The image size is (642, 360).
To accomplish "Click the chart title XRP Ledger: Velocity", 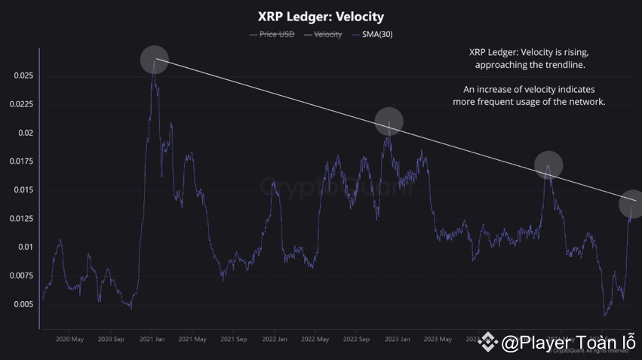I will [321, 17].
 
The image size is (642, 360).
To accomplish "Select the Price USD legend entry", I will [272, 35].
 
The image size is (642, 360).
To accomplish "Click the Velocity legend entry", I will [324, 35].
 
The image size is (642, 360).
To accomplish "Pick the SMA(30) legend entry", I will [373, 35].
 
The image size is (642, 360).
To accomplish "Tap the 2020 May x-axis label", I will [69, 340].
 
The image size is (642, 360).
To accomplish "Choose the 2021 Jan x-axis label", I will [152, 340].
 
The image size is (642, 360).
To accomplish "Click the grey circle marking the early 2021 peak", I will [155, 60].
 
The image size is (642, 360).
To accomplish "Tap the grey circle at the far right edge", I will [631, 203].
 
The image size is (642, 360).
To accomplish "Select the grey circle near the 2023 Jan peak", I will [389, 122].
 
